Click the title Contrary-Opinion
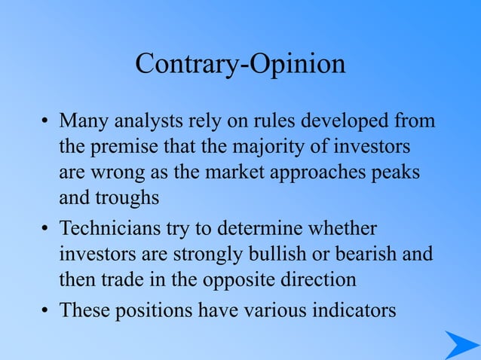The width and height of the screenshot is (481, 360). point(240,65)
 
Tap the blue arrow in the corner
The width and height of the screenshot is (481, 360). point(459,345)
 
